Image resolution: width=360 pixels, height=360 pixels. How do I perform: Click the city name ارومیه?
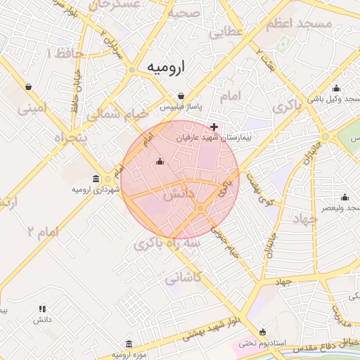pos(166,67)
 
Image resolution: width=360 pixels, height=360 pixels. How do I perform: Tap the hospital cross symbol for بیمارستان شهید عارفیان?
pos(214,127)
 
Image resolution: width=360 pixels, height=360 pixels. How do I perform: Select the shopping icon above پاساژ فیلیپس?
pos(181,96)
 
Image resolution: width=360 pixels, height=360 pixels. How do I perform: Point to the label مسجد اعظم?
pos(298,24)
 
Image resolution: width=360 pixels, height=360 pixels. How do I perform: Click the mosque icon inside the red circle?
pos(160,162)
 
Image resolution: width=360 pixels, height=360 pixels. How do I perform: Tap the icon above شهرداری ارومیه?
pos(96,179)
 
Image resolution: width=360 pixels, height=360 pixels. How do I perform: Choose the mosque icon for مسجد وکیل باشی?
pos(336,89)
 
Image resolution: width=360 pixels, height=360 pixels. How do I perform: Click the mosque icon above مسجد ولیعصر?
pos(344,198)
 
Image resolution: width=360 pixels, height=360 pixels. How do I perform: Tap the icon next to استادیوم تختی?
pos(262,333)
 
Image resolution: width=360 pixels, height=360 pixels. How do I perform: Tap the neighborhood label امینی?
pos(32,108)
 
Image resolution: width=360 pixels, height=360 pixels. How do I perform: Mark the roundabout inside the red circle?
pos(201,209)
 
